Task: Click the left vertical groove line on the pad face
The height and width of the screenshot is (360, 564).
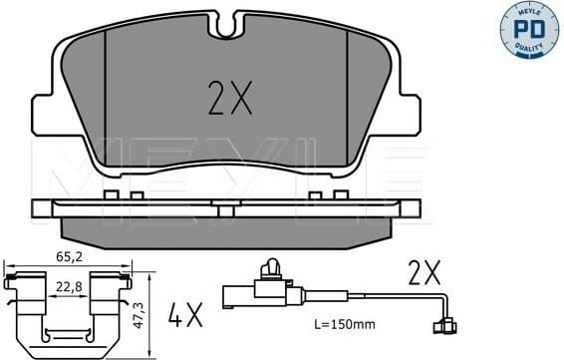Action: [x=106, y=95]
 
